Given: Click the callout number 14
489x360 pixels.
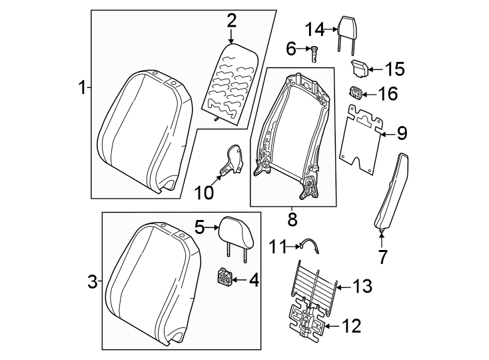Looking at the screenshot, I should [x=314, y=29].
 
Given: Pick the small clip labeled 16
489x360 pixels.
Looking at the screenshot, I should [x=357, y=93].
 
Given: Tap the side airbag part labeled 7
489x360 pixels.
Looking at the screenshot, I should [x=391, y=190].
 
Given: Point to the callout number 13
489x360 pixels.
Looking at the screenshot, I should [x=362, y=287].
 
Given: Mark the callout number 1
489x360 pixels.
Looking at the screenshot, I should [x=81, y=87].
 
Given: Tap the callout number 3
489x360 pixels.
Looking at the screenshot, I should [x=92, y=281].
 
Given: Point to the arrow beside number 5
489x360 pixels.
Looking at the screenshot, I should [x=212, y=227].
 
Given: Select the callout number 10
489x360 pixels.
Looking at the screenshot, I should [x=205, y=193].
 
